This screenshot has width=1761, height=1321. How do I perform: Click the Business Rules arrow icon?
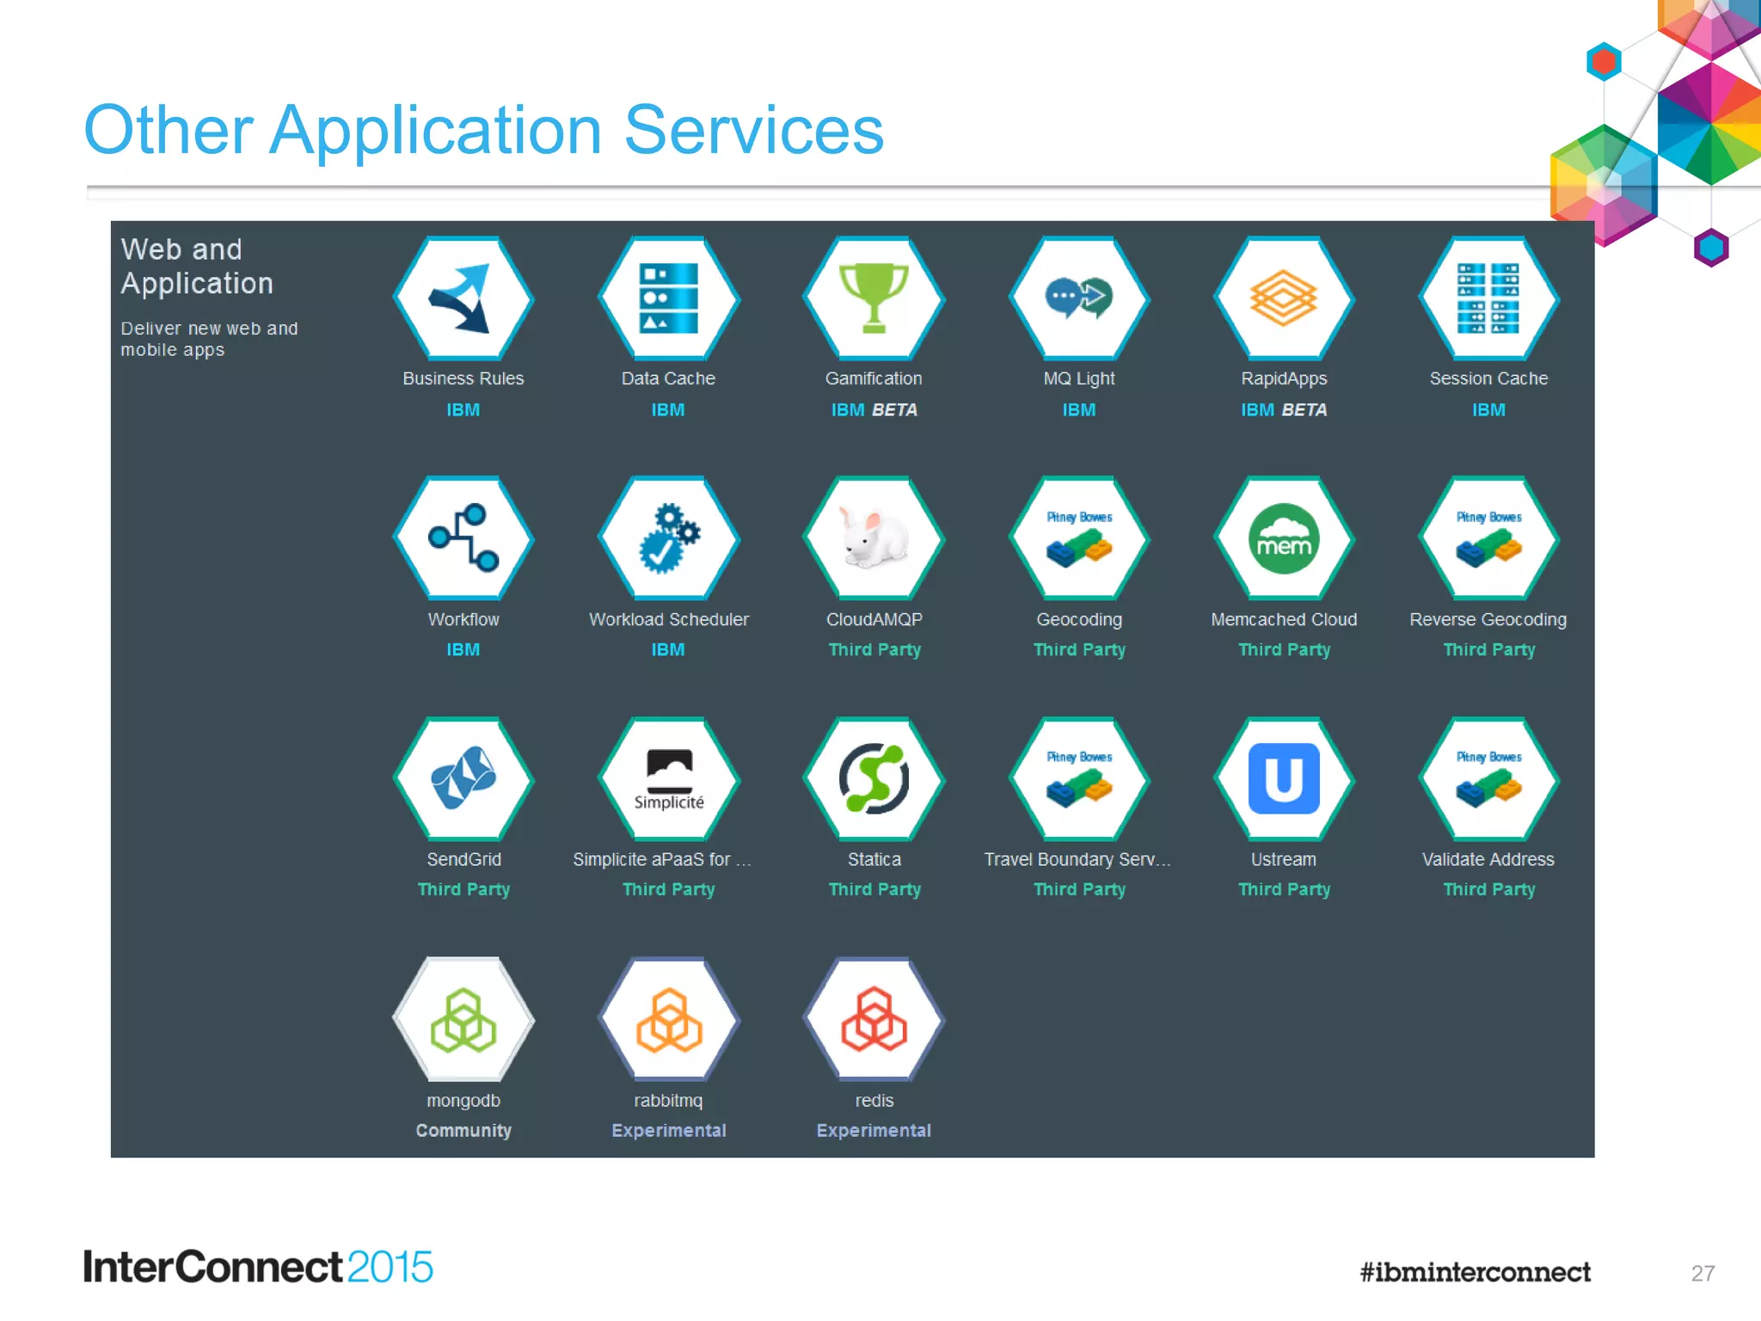pyautogui.click(x=463, y=298)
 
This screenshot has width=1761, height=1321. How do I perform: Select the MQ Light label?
pyautogui.click(x=1078, y=378)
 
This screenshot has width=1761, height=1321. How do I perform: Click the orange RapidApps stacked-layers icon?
pyautogui.click(x=1283, y=298)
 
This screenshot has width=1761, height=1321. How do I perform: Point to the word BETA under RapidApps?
pyautogui.click(x=1304, y=410)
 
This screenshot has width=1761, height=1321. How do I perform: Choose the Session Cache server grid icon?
pyautogui.click(x=1488, y=298)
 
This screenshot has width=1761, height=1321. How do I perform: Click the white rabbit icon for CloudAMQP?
pyautogui.click(x=874, y=538)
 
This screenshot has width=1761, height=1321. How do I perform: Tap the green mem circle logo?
pyautogui.click(x=1284, y=538)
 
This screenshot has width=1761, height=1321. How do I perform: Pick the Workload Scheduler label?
pyautogui.click(x=668, y=619)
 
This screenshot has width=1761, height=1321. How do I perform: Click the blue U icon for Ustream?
pyautogui.click(x=1284, y=778)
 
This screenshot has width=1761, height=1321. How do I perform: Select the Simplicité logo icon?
pyautogui.click(x=669, y=779)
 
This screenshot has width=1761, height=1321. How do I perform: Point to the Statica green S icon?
pyautogui.click(x=874, y=778)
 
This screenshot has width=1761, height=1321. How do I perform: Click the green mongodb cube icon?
pyautogui.click(x=463, y=1020)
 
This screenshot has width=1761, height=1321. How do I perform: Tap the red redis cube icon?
pyautogui.click(x=874, y=1020)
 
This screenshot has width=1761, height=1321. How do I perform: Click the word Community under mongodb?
pyautogui.click(x=463, y=1130)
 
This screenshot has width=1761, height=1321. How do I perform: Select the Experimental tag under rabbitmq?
pyautogui.click(x=668, y=1130)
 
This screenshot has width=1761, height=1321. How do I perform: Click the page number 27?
pyautogui.click(x=1703, y=1273)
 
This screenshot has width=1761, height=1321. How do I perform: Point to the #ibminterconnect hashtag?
pyautogui.click(x=1475, y=1272)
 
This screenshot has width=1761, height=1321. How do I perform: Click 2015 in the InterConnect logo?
pyautogui.click(x=390, y=1268)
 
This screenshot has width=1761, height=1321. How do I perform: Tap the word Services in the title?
pyautogui.click(x=753, y=131)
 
